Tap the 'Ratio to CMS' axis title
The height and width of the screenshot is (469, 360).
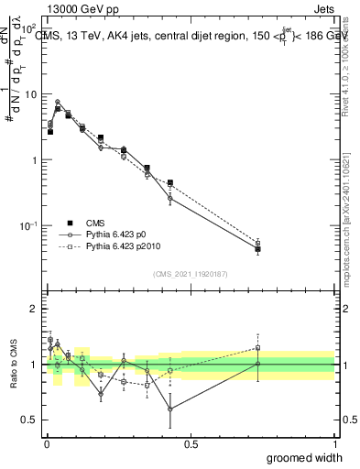pos(13,365)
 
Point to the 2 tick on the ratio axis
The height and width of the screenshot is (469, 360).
pos(33,309)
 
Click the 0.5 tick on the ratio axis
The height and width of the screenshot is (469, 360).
pos(29,420)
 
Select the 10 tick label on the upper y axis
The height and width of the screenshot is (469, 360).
pos(28,94)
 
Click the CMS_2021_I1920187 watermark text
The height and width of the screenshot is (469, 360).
pos(190,274)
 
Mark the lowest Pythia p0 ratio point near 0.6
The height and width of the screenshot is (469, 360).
pos(170,409)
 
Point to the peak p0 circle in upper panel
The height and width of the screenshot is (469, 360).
pos(58,103)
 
